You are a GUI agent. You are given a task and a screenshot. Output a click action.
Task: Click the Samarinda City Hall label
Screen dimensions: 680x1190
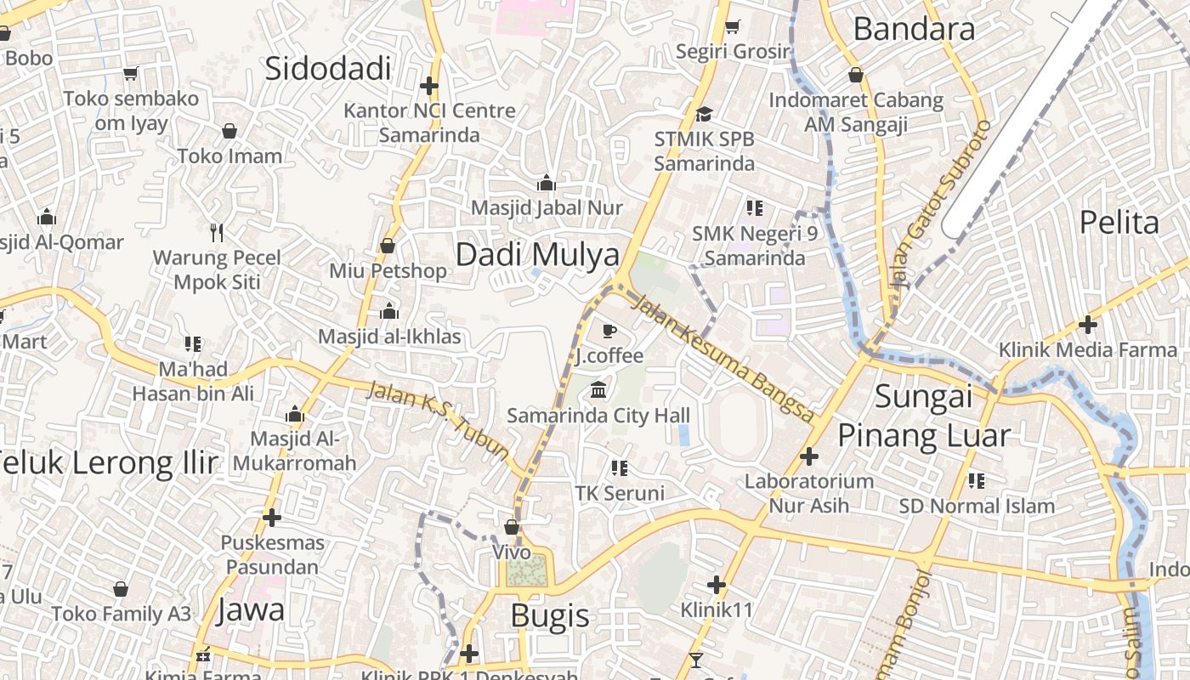(x=598, y=416)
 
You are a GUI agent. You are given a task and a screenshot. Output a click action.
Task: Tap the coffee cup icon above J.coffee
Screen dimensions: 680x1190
(x=609, y=331)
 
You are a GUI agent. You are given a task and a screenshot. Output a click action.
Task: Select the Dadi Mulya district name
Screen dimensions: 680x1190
(x=538, y=254)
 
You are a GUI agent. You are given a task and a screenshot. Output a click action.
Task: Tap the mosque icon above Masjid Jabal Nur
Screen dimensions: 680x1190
(x=546, y=183)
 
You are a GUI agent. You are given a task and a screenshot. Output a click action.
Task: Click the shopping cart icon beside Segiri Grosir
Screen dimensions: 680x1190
(x=732, y=27)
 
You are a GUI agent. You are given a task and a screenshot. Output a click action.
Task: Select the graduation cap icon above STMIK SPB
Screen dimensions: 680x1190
(x=704, y=114)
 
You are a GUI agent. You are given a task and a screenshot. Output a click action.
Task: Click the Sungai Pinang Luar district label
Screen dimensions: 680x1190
(x=924, y=416)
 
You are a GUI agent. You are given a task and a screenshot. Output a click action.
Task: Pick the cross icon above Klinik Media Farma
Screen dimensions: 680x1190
(x=1087, y=324)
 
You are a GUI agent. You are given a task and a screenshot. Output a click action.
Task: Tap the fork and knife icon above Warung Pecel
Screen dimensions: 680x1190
(x=217, y=232)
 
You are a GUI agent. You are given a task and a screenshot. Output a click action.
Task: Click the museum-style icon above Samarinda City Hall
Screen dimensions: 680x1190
(x=598, y=390)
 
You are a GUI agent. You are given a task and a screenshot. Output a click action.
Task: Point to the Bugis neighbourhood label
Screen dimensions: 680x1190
(x=550, y=615)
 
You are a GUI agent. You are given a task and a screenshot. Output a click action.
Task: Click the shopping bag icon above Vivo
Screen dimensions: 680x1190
(x=512, y=527)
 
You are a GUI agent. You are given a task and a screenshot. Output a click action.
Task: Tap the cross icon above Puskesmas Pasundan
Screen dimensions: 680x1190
(x=272, y=517)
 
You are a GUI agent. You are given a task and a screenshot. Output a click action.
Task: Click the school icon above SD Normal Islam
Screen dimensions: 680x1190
(x=977, y=481)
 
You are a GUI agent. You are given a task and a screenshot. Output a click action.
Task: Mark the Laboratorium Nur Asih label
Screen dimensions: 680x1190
(x=808, y=493)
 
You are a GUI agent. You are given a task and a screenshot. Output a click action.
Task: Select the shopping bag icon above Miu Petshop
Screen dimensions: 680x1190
(x=388, y=246)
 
